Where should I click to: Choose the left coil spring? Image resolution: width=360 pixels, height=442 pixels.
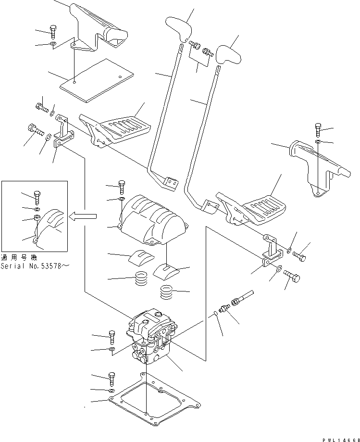pos(142,278)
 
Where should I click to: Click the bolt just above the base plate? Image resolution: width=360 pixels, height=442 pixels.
pos(112,379)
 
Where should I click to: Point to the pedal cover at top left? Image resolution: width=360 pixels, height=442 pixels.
pos(101,26)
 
